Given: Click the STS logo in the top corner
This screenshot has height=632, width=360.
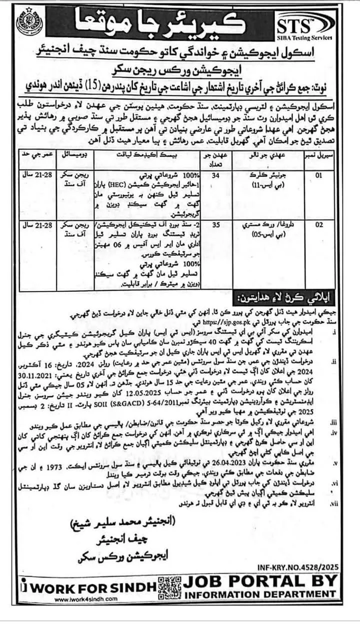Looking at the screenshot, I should pyautogui.click(x=306, y=22).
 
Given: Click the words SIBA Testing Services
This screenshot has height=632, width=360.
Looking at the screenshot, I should pyautogui.click(x=306, y=38).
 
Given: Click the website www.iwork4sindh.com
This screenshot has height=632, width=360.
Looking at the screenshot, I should pyautogui.click(x=86, y=599).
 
